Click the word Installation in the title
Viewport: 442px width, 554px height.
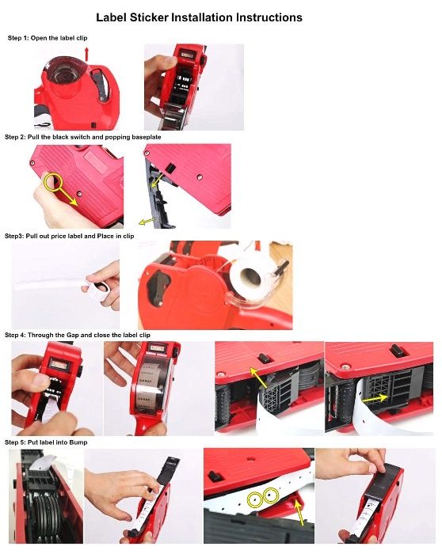coord(202,17)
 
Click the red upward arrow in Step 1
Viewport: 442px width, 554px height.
coord(86,54)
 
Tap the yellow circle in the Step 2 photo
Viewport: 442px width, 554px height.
coord(53,182)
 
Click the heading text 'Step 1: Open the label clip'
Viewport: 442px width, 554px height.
coord(48,38)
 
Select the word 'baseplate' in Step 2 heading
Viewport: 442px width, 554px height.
coord(147,137)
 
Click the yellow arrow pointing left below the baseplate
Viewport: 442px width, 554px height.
coord(147,221)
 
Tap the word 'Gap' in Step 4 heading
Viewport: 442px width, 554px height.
coord(73,335)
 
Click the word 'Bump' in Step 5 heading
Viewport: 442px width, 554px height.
coord(78,442)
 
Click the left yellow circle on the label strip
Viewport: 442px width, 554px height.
coord(255,499)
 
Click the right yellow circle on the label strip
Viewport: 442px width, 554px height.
coord(271,495)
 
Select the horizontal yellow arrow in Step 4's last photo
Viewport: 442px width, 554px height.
coord(375,399)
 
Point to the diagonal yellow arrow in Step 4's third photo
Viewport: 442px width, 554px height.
coord(258,378)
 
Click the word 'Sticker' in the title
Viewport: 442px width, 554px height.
coord(149,17)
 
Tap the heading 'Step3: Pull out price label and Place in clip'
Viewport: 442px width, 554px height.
coord(69,236)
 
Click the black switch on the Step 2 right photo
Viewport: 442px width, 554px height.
coord(170,168)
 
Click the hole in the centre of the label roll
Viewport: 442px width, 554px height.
coord(250,276)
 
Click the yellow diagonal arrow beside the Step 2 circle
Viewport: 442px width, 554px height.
coord(69,196)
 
